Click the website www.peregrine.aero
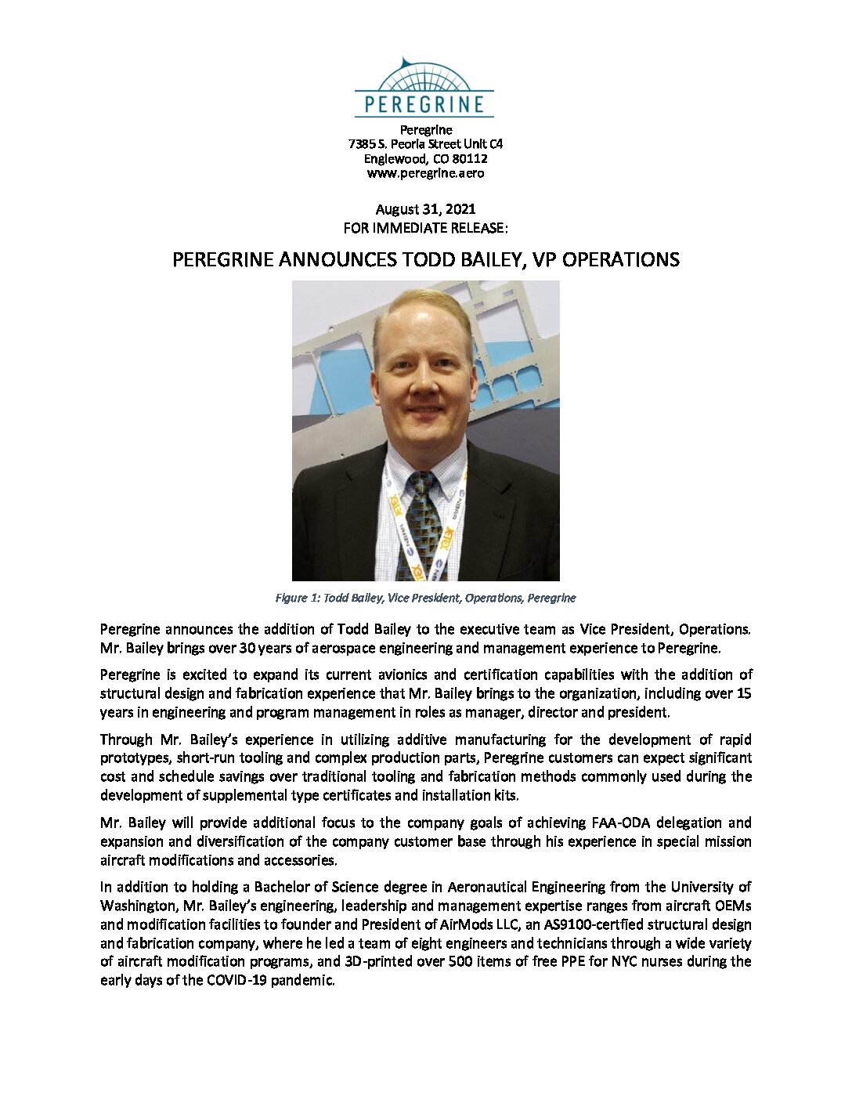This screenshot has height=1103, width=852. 425,173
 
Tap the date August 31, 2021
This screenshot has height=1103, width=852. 425,209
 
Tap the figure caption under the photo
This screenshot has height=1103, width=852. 425,598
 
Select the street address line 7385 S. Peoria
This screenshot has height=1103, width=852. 425,145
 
